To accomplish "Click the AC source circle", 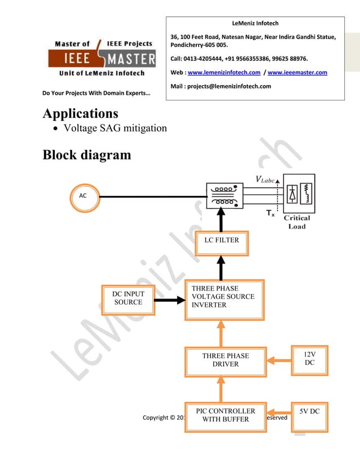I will (x=82, y=196).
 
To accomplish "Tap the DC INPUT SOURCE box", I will (x=128, y=298).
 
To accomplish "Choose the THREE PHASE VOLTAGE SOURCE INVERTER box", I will (x=225, y=299).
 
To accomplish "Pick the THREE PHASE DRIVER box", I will (x=225, y=361).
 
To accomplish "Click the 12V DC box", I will (x=309, y=359).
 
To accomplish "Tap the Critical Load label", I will (x=297, y=222).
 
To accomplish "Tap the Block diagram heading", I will (x=86, y=154).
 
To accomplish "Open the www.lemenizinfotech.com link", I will (x=223, y=73).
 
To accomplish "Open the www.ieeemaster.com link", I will (x=297, y=73).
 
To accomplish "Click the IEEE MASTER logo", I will (x=102, y=58).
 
